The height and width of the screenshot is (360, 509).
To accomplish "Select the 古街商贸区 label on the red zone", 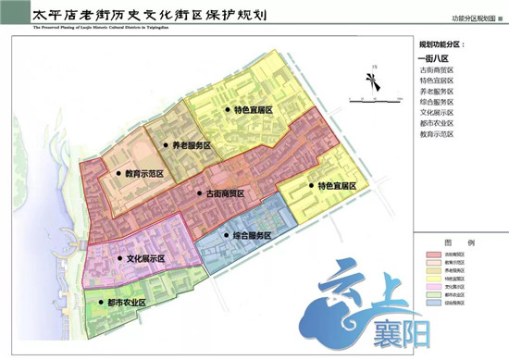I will coord(222,193).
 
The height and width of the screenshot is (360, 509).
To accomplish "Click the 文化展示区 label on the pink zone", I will coord(151,259).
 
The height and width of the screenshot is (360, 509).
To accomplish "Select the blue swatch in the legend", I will coord(432,302).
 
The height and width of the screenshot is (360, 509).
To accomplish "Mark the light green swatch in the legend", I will coord(432,293).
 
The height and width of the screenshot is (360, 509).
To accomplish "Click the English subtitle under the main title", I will coord(111,29).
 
